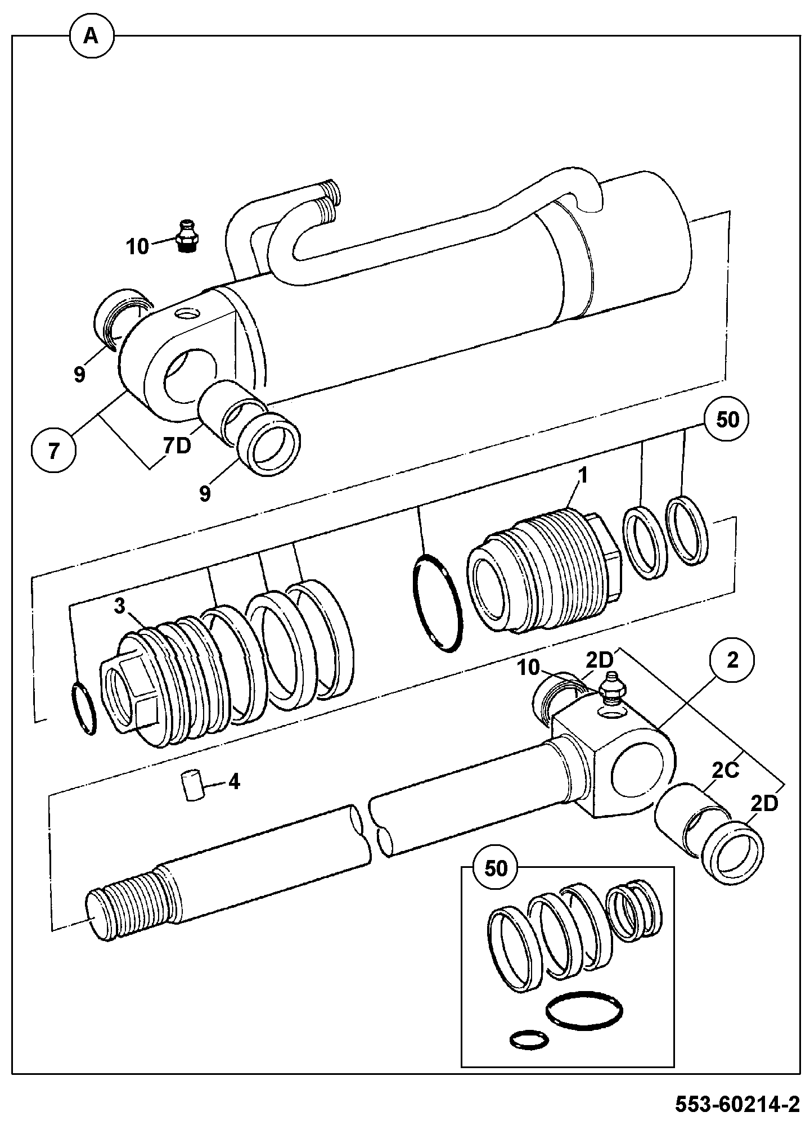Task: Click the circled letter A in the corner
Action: point(91,37)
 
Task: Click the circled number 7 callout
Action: point(54,452)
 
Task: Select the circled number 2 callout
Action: point(732,661)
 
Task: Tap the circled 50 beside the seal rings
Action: point(727,420)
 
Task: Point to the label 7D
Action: point(177,447)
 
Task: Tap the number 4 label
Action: point(233,781)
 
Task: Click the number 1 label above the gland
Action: point(583,476)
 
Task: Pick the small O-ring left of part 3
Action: point(83,708)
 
